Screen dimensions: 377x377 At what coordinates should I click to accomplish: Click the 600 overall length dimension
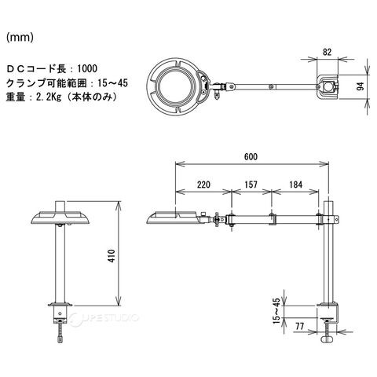click(251, 156)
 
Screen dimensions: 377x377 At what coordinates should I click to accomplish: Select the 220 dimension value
click(203, 185)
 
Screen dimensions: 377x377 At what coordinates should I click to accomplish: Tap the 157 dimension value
click(251, 185)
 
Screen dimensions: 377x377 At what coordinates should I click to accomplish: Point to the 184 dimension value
click(295, 185)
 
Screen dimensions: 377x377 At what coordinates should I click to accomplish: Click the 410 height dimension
click(112, 256)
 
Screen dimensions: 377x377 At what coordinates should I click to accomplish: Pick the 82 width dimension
click(327, 52)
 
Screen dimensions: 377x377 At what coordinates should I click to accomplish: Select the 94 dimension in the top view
click(361, 86)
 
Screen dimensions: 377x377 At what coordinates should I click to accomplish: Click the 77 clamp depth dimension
click(300, 326)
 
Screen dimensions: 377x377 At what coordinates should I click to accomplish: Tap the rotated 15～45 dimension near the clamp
click(276, 311)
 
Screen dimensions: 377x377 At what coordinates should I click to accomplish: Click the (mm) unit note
click(20, 38)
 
